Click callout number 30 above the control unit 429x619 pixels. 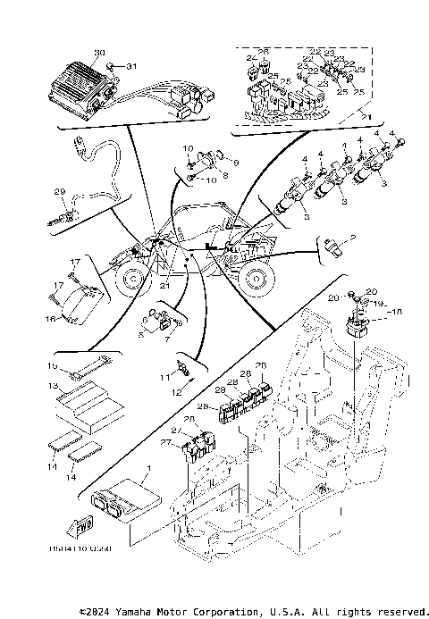point(99,54)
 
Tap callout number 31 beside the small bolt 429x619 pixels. point(132,66)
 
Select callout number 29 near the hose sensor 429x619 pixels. point(60,192)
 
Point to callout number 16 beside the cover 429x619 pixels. point(51,317)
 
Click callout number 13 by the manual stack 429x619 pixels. point(52,385)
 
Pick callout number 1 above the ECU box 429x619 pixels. point(149,469)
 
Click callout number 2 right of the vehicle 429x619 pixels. point(353,236)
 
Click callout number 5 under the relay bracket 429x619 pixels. point(141,335)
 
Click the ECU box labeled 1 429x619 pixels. point(122,496)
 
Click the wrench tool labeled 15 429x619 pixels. point(87,365)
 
